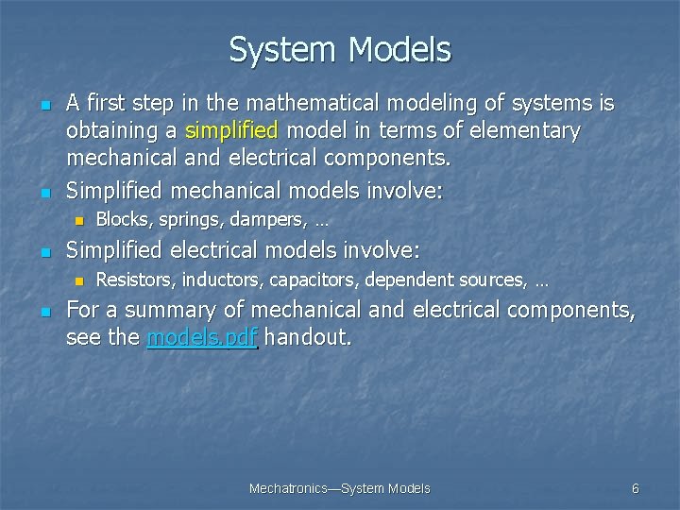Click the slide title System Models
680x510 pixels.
(340, 49)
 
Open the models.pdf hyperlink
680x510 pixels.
(202, 338)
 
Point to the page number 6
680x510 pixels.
(635, 488)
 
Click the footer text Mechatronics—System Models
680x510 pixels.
(339, 488)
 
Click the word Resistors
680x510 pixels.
(135, 280)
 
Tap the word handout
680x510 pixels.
(307, 338)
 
